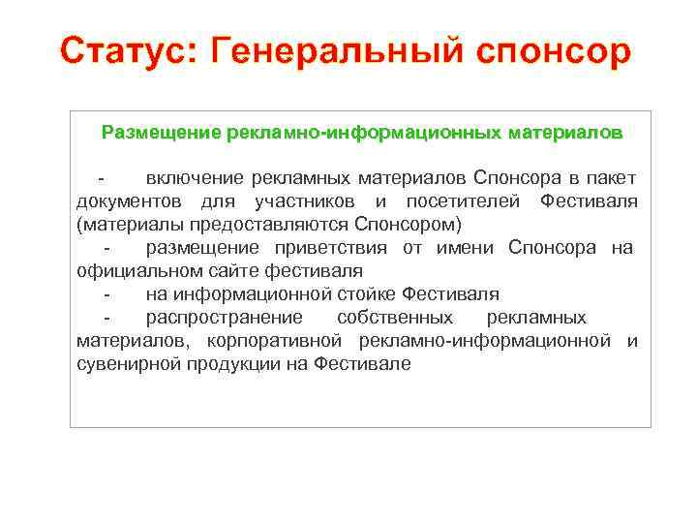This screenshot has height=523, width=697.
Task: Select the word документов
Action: coord(133,201)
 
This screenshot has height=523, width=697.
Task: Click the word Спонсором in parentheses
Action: coord(401,225)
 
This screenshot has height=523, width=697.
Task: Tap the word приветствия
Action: coord(334,248)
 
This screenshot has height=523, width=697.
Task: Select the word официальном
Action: coord(133,271)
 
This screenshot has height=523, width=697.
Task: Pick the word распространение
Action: coord(224,318)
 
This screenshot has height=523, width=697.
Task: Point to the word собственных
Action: coord(394,318)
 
